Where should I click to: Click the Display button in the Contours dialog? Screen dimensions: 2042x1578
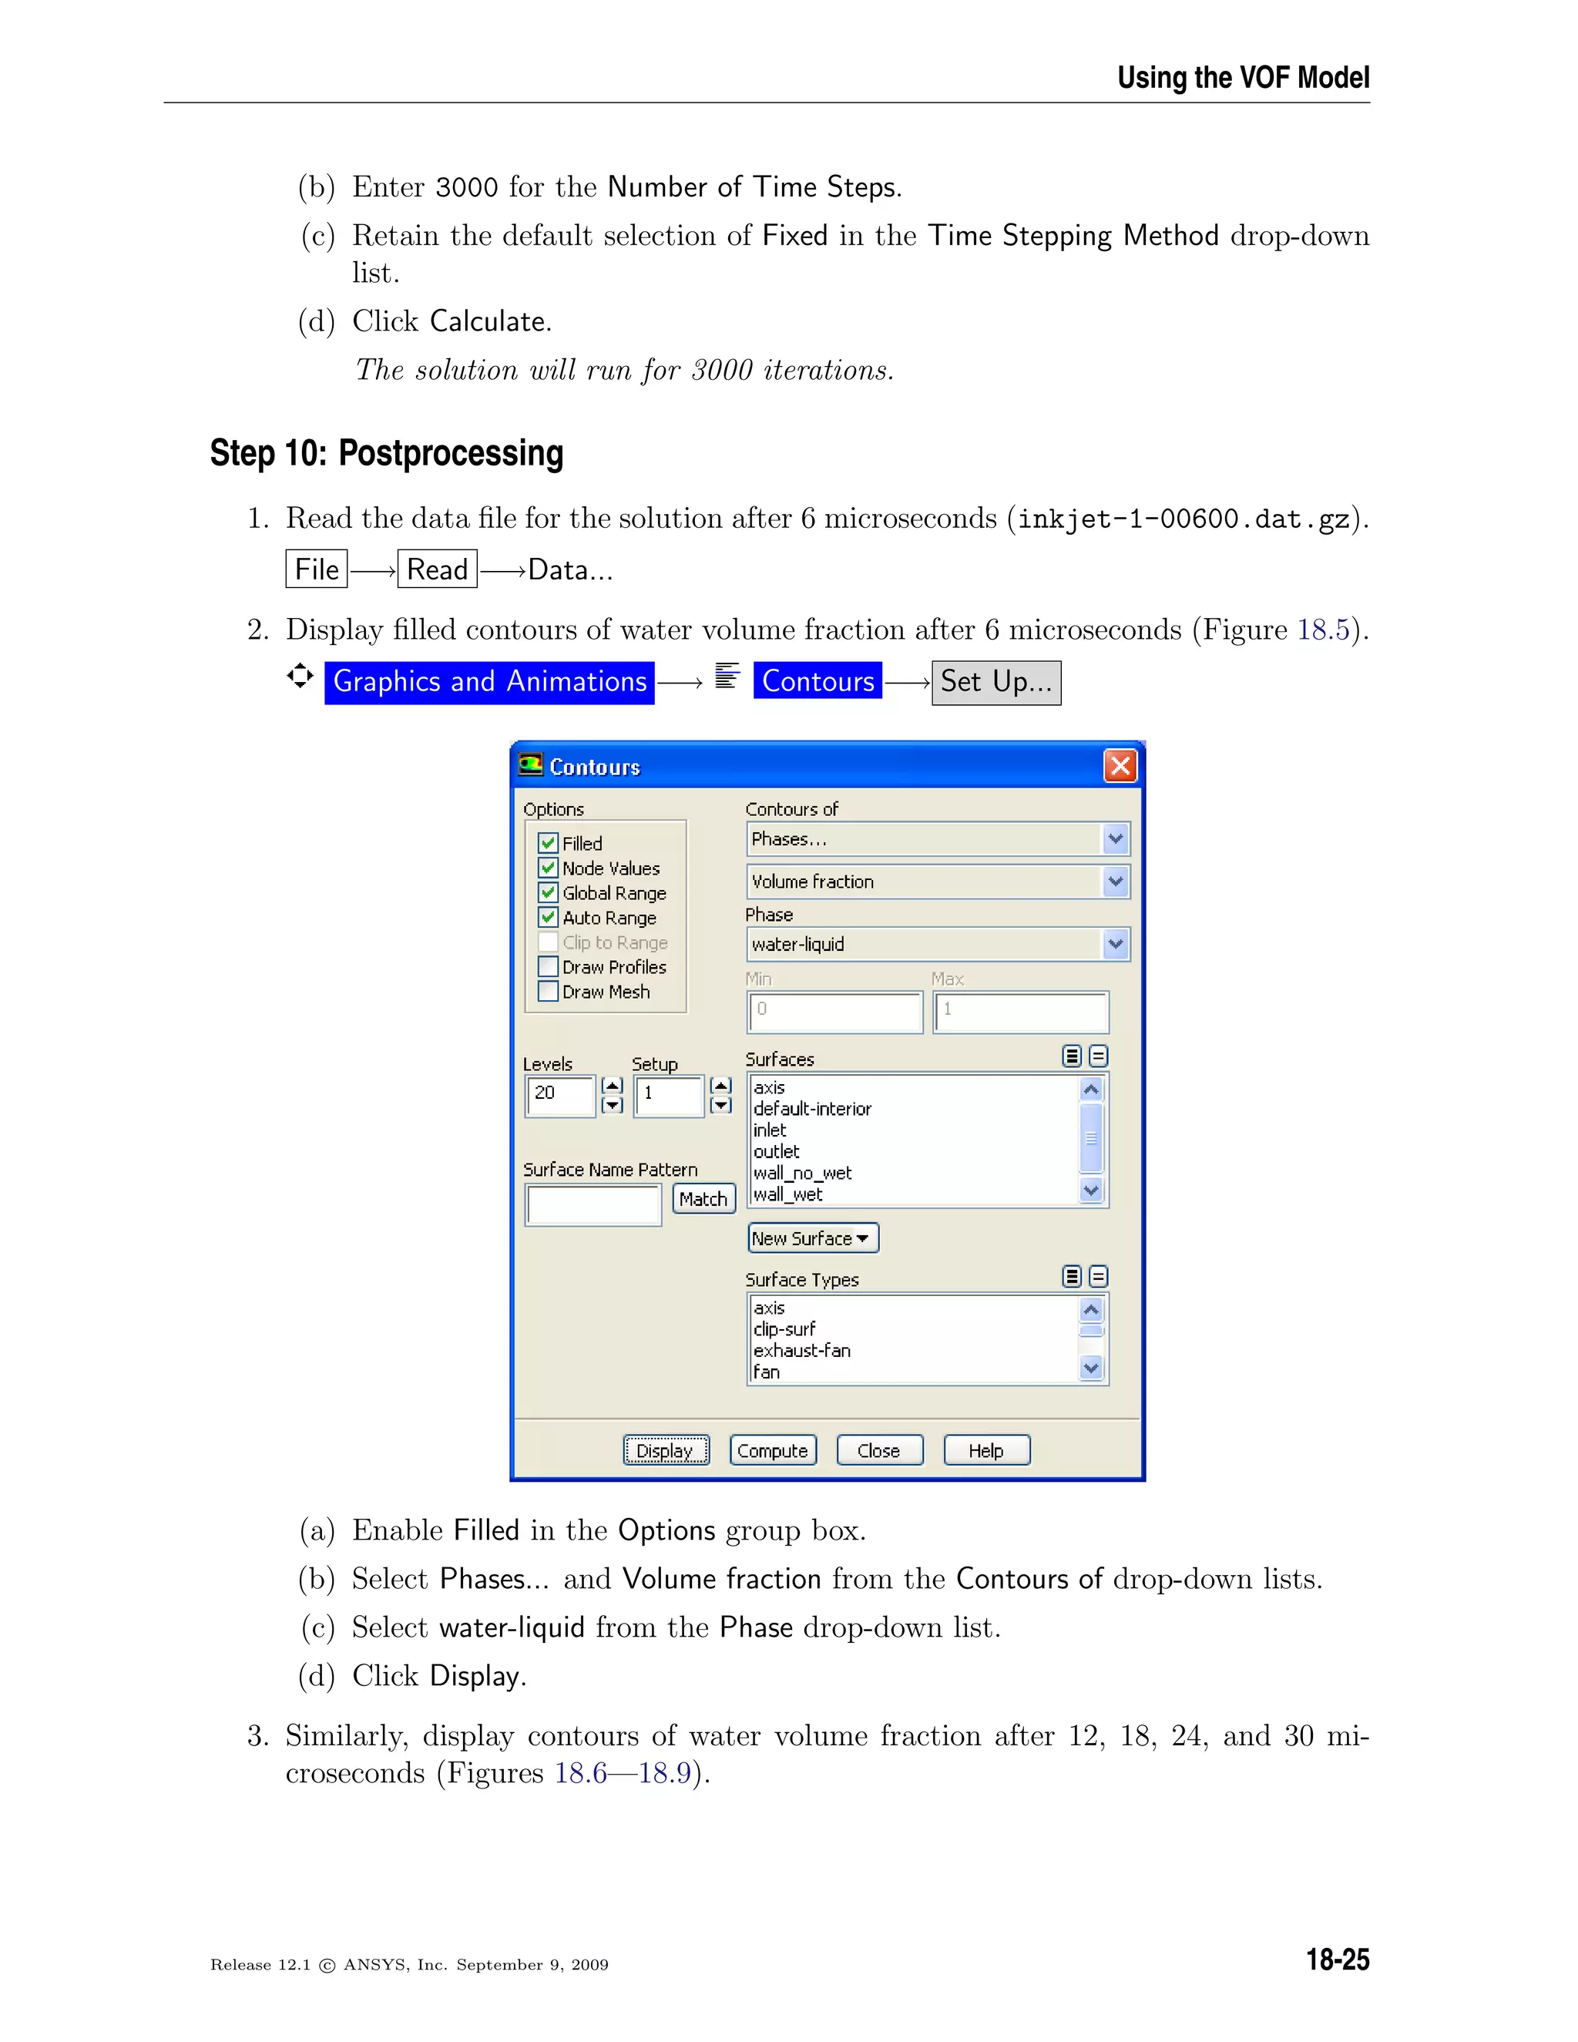(x=666, y=1450)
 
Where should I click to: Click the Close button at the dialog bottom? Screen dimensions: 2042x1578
(x=878, y=1450)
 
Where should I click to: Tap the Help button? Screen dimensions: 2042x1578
(x=986, y=1450)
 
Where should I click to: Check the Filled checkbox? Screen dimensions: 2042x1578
(x=549, y=842)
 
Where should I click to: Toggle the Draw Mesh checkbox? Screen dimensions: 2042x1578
(x=549, y=991)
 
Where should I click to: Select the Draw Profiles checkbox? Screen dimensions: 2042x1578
(x=549, y=967)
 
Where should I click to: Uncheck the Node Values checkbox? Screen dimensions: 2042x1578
(x=549, y=868)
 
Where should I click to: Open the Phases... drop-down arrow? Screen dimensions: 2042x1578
(x=1115, y=838)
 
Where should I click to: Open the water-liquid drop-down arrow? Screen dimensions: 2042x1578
(x=1115, y=945)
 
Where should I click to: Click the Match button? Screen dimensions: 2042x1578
(x=703, y=1199)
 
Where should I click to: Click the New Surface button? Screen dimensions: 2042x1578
(x=812, y=1238)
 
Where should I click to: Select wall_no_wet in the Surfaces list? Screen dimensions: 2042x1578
(x=803, y=1173)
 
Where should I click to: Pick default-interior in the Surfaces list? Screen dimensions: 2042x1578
(x=812, y=1109)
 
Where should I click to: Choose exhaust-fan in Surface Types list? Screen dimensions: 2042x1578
(x=802, y=1350)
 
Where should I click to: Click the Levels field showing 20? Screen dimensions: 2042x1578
(x=560, y=1094)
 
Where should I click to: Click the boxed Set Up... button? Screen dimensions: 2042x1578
(x=995, y=682)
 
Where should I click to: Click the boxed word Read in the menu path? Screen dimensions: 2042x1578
(x=438, y=569)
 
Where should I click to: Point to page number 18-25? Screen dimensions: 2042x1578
(x=1337, y=1960)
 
